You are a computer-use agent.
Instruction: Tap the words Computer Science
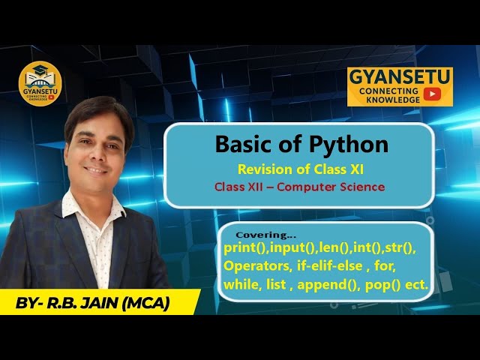pos(331,187)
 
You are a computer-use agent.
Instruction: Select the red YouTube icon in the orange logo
pos(431,94)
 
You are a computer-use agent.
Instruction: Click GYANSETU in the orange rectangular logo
pos(398,76)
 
